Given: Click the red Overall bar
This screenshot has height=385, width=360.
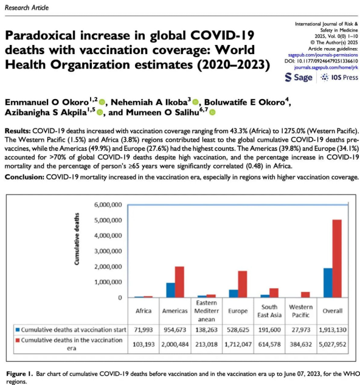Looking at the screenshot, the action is tap(337, 258).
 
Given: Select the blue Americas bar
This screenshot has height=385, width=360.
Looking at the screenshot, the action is tap(171, 290).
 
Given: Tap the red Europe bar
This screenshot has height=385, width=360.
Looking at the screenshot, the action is tap(243, 284).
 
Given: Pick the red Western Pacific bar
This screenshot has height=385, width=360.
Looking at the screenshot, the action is tap(305, 294).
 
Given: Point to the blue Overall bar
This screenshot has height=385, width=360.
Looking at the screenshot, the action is tap(328, 283).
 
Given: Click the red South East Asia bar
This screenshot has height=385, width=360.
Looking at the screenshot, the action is tap(274, 293).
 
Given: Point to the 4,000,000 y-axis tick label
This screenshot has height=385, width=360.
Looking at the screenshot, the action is tap(108, 236).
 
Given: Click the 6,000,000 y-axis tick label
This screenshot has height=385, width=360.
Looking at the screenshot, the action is tap(108, 205).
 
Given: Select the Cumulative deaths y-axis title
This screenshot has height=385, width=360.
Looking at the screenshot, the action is tap(77, 239).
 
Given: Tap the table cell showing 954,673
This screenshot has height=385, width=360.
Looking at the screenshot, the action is tap(175, 330).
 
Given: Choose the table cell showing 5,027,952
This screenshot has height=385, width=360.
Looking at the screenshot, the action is tap(333, 344).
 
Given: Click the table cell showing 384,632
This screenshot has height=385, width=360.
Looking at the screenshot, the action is tap(301, 344).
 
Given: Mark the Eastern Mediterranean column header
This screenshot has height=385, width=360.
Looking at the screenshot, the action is tap(207, 311).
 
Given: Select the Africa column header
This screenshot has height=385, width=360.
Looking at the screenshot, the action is tap(144, 311).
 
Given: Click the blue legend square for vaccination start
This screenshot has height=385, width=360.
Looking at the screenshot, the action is tap(18, 330).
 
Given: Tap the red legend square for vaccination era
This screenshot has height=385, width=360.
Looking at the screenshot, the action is tap(18, 341).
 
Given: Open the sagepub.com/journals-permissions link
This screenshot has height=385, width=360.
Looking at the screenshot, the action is tap(323, 55).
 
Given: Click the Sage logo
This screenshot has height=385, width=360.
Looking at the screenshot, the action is tap(299, 77).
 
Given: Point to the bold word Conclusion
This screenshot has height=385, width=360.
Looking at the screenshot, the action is tap(24, 177).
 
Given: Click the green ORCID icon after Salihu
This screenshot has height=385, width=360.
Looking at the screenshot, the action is tap(213, 113).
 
